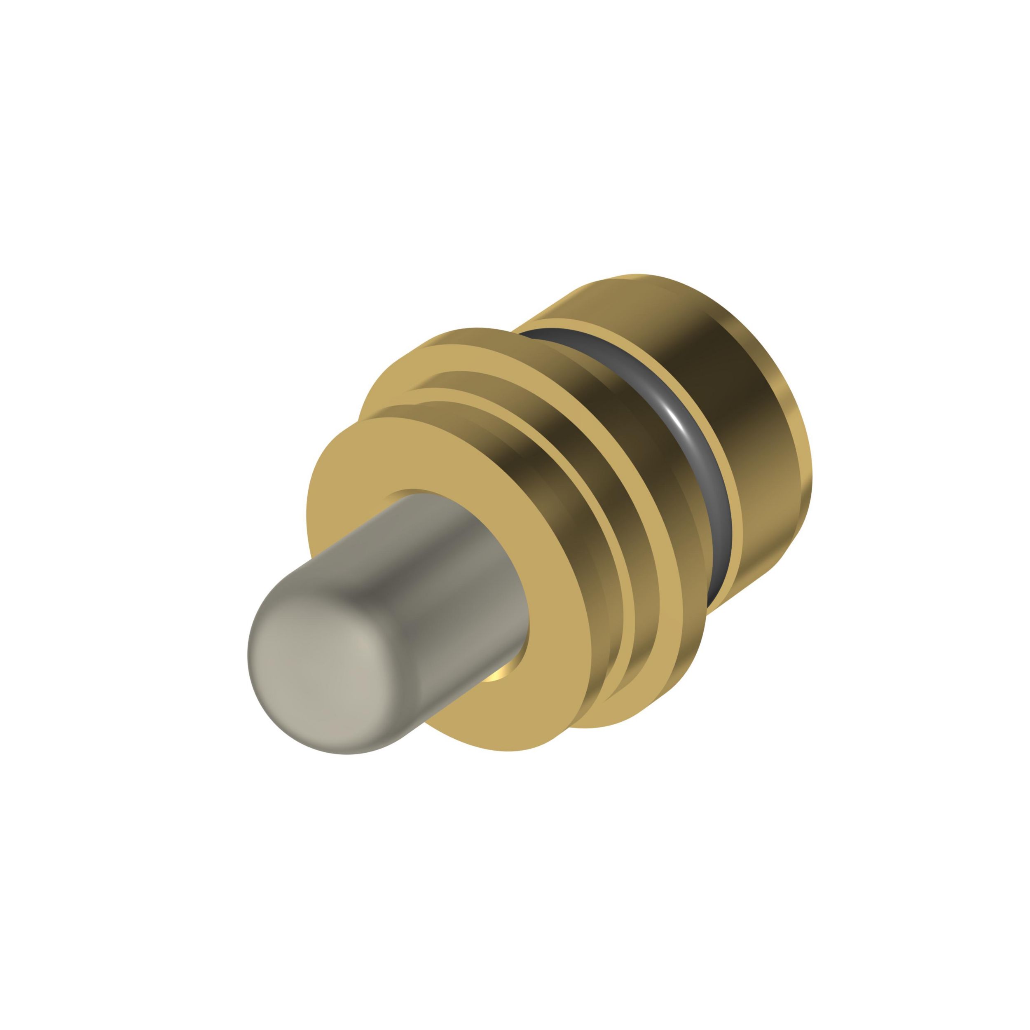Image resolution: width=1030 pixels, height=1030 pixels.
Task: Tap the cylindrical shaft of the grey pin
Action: point(426,581)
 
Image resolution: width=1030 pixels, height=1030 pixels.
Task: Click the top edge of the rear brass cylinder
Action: point(640,277)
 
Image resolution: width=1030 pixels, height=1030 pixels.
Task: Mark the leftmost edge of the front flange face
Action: point(309,512)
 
